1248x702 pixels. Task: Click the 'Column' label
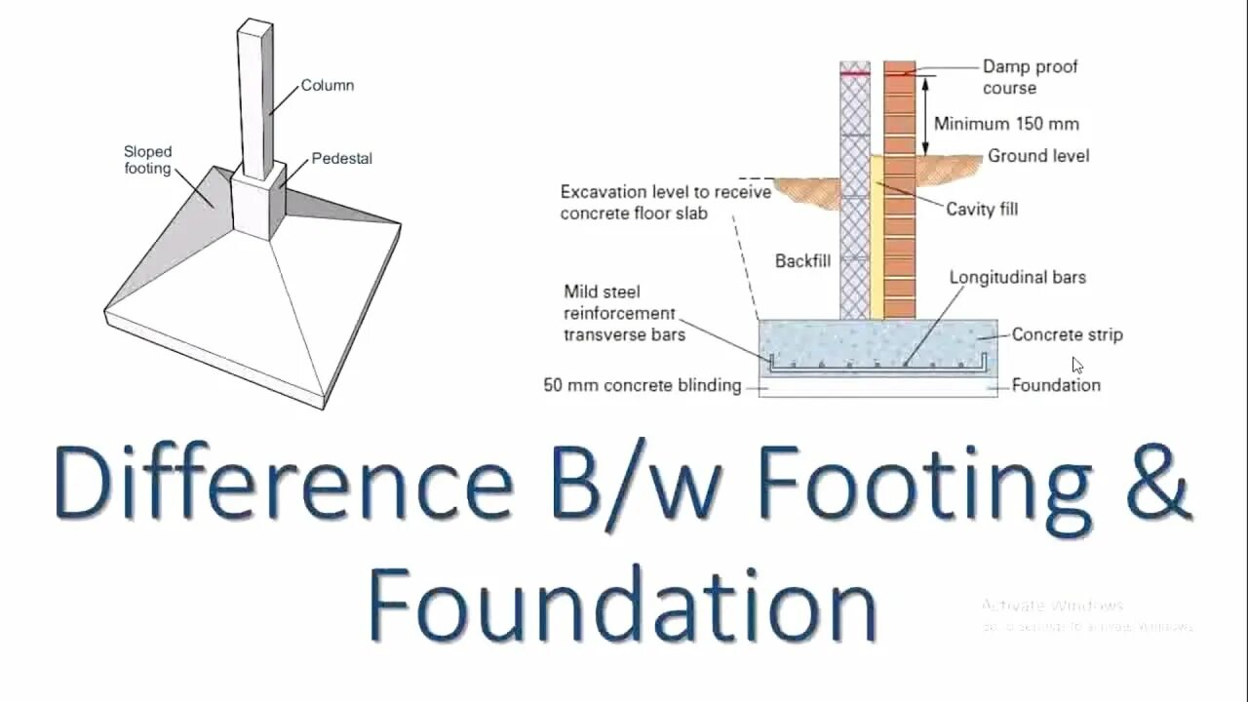[x=327, y=86]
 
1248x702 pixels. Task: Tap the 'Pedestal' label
[x=341, y=158]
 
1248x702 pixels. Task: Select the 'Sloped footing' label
[x=147, y=160]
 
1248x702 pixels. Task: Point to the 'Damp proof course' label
[x=1030, y=77]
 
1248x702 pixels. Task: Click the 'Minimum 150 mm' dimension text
[x=1006, y=124]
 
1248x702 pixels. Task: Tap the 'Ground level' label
[x=1038, y=156]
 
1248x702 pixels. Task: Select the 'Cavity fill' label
[x=982, y=210]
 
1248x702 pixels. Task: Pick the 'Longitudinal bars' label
[x=1017, y=278]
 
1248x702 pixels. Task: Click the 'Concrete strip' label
[x=1067, y=334]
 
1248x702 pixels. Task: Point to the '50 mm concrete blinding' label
[x=642, y=385]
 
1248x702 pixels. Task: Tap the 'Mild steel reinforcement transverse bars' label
[x=624, y=313]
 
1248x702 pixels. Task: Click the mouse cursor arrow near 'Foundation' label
[x=1077, y=365]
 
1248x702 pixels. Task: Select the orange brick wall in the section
[x=900, y=195]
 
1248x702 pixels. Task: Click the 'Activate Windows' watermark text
[x=1053, y=605]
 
